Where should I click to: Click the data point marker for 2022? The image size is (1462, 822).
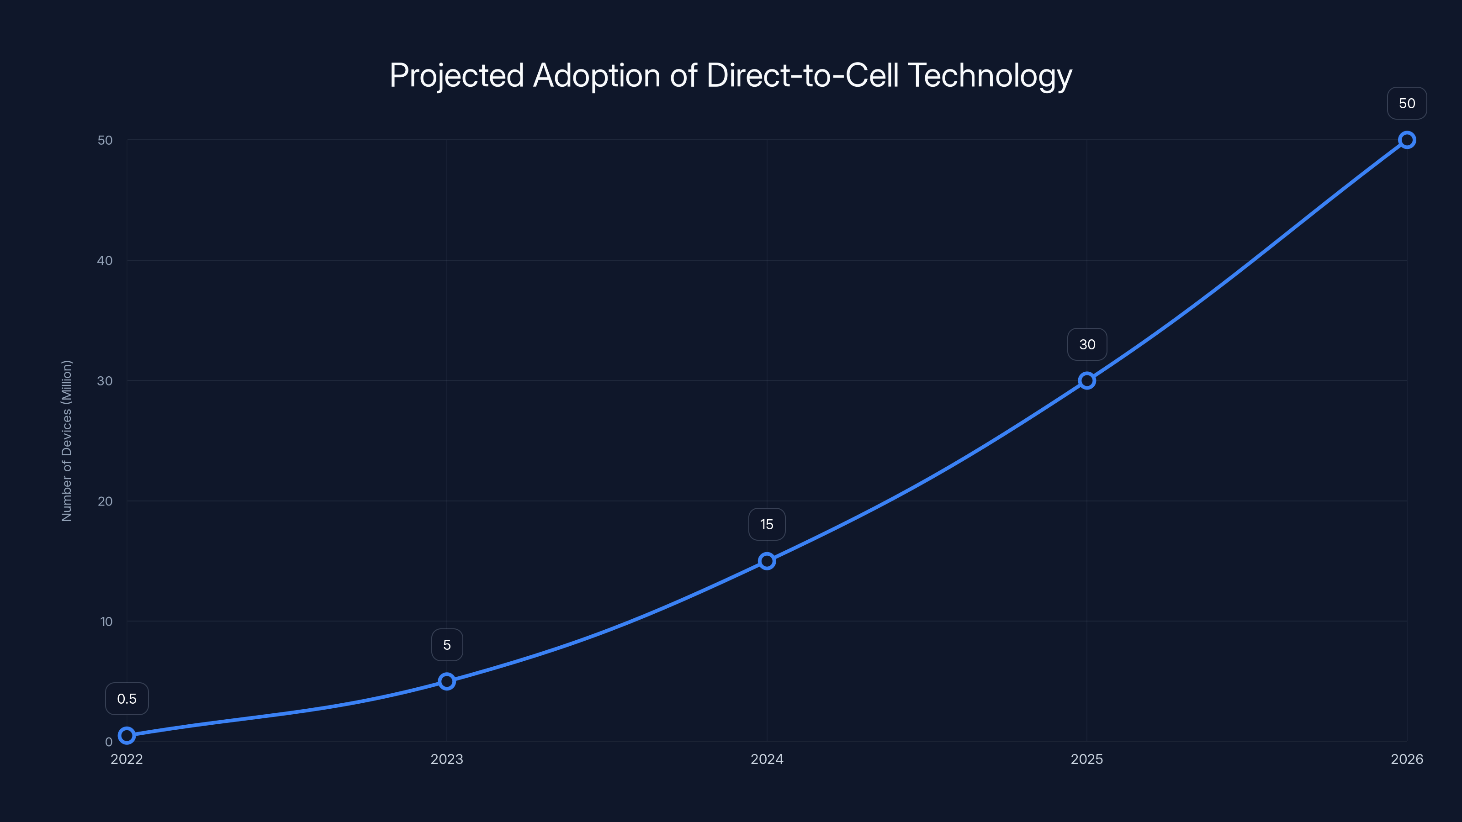[x=127, y=735]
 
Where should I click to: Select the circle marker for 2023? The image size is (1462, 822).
[x=447, y=681]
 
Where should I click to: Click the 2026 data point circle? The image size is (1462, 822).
[x=1407, y=140]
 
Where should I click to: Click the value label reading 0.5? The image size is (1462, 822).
[x=127, y=698]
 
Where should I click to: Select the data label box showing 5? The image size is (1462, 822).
[x=447, y=644]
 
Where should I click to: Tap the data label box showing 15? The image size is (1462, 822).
[x=767, y=524]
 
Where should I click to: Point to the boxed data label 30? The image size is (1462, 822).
[x=1087, y=344]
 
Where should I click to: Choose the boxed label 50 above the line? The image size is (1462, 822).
[x=1407, y=103]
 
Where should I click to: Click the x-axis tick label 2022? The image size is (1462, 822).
[x=127, y=759]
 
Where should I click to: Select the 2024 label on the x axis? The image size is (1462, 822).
[x=767, y=759]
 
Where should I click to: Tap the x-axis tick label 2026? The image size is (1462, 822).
[x=1407, y=759]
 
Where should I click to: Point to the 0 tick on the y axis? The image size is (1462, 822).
[x=108, y=742]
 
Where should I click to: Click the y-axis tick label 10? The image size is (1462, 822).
[x=106, y=621]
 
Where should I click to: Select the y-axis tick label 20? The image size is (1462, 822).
[x=105, y=501]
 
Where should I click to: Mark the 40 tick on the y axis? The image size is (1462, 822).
[x=105, y=260]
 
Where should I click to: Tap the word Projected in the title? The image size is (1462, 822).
[x=456, y=75]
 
